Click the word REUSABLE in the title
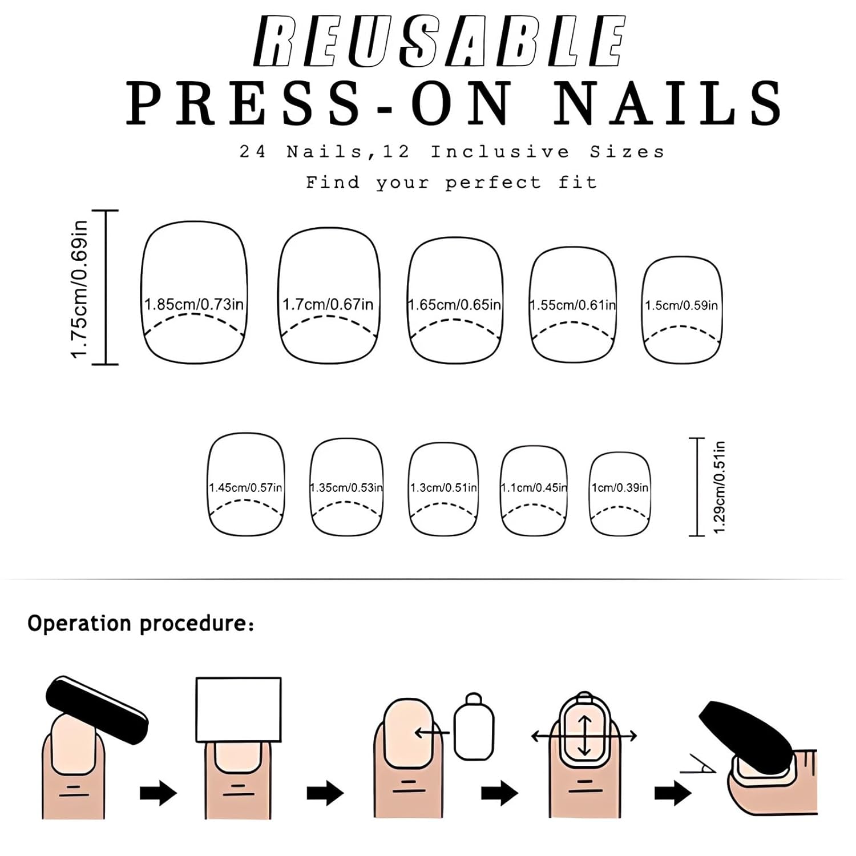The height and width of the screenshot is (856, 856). tap(440, 41)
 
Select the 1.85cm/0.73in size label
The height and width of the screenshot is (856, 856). tap(194, 304)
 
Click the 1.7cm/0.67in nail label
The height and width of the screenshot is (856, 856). tap(328, 304)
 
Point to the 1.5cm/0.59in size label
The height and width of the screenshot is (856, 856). tap(681, 305)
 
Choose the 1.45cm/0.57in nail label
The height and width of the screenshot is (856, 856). tap(245, 488)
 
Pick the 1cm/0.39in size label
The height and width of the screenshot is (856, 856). tap(620, 488)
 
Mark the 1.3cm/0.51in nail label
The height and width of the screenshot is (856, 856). tap(443, 488)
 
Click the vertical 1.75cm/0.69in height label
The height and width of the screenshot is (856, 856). tap(79, 290)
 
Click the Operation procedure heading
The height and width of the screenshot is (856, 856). tap(140, 623)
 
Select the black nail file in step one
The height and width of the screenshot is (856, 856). tap(96, 710)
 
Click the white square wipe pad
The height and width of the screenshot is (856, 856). tap(239, 709)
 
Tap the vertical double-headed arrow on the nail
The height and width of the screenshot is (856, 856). tap(584, 736)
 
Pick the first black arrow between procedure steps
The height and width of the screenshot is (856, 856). tap(159, 793)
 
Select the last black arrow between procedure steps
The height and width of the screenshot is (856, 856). tap(673, 793)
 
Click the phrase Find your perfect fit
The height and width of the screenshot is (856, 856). tap(451, 183)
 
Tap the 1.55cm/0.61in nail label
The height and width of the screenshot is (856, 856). tap(573, 305)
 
